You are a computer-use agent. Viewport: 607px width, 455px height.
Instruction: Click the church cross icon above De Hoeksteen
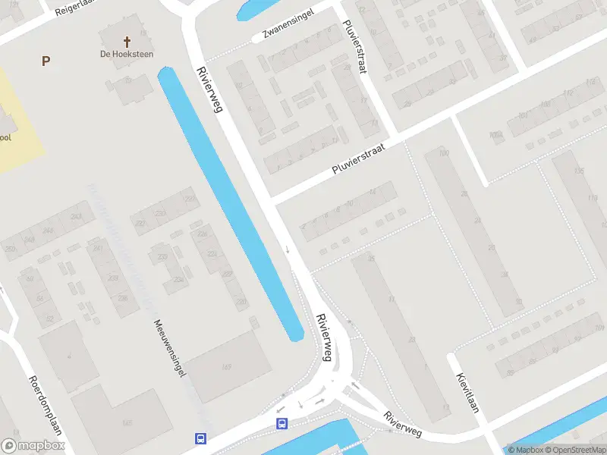tap(127, 42)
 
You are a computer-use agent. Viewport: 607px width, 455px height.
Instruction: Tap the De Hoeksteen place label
tap(126, 54)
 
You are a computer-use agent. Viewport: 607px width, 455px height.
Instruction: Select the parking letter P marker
tap(46, 61)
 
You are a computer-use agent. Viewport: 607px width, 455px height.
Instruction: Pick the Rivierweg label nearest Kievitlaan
tap(402, 424)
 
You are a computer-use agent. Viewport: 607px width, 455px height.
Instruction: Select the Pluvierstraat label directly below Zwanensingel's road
tap(358, 160)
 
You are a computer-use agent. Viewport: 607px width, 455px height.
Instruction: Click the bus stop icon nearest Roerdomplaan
tap(201, 438)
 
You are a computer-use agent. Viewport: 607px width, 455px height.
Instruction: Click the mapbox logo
tap(33, 446)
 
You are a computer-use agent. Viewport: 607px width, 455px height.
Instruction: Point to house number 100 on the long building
tap(444, 154)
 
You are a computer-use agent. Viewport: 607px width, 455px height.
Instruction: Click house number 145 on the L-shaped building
tap(127, 422)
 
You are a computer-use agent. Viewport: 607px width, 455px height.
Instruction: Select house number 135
tap(579, 171)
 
